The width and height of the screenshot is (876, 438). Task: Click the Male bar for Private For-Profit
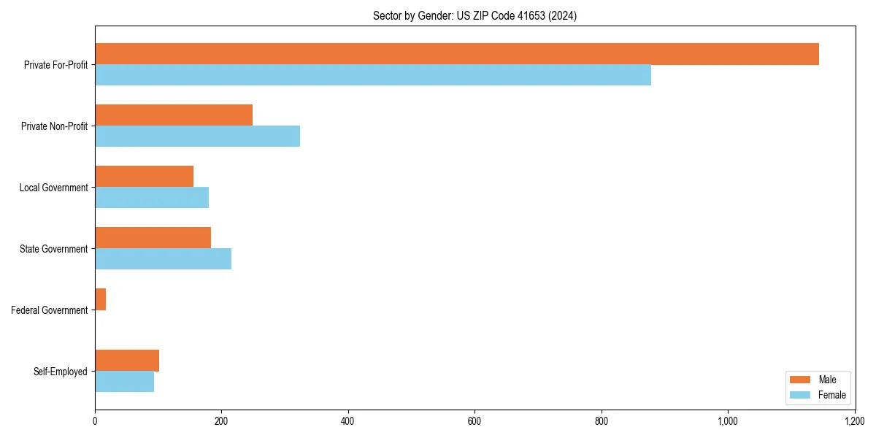[x=457, y=54]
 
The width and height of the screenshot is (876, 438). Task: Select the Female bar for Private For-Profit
[x=373, y=75]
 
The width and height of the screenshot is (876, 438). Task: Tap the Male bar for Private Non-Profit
[x=174, y=115]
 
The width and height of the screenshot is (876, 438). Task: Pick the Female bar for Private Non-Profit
[x=197, y=137]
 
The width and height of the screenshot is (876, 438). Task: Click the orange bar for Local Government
[x=144, y=177]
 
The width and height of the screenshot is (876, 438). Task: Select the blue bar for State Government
[x=163, y=259]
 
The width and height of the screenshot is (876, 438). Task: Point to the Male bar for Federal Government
[x=101, y=299]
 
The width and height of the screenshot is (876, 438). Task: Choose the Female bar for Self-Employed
[x=124, y=382]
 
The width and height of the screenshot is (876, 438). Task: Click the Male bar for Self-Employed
[x=127, y=361]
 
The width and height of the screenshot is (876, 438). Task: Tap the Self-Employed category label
[x=61, y=372]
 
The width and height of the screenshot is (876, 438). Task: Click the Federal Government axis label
[x=50, y=310]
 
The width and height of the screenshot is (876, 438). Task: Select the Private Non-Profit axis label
[x=54, y=126]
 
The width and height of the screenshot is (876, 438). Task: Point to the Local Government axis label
[x=54, y=188]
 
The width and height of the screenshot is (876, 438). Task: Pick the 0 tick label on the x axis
[x=95, y=421]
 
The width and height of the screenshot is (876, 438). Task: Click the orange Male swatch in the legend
[x=800, y=380]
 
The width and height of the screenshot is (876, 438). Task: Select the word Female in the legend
[x=832, y=395]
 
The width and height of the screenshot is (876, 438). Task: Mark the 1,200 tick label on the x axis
[x=854, y=421]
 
